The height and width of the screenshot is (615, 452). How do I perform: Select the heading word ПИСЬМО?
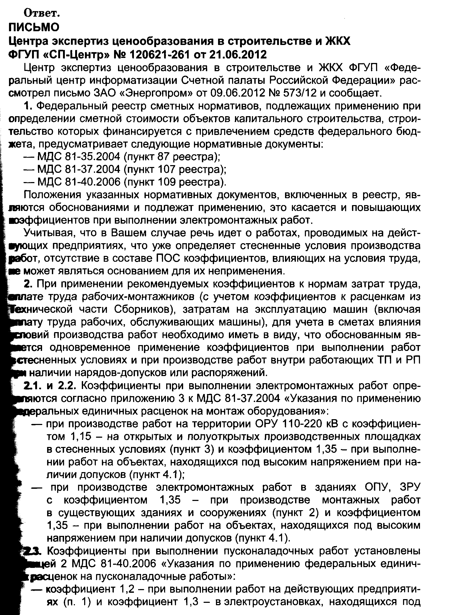(34, 27)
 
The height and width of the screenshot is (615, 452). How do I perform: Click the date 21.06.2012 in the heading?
(238, 55)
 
